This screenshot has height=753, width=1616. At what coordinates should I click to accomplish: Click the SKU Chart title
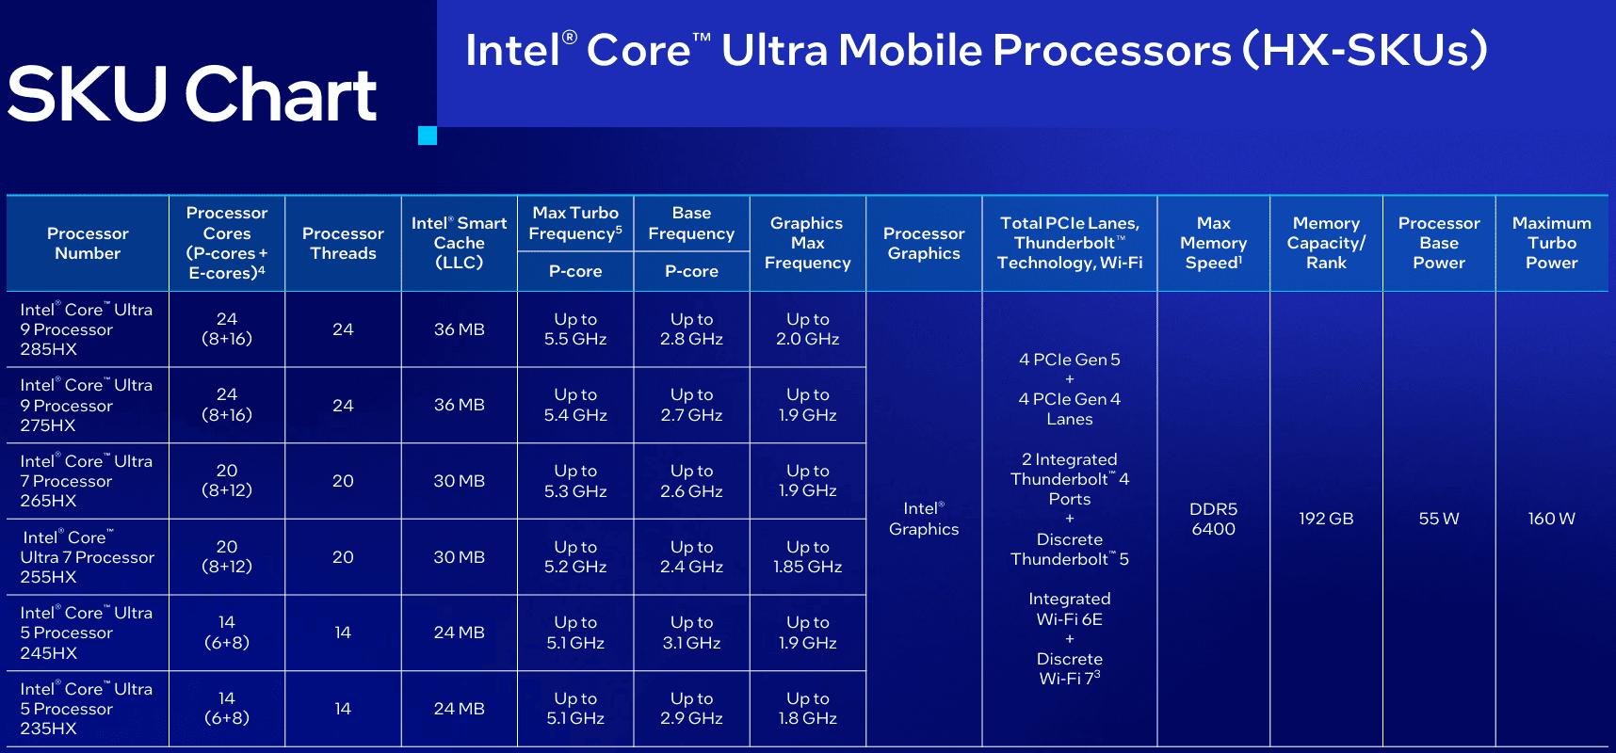point(192,94)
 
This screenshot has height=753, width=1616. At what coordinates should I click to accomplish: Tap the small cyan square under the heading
point(428,136)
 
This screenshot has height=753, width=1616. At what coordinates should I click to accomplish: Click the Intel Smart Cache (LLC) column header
point(459,243)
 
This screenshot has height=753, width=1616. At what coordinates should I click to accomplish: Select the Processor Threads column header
point(343,243)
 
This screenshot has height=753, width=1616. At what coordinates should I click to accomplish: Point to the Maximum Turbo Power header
point(1551,243)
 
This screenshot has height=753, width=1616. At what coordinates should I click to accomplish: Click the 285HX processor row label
point(86,329)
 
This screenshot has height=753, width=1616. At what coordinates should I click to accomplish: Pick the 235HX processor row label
point(86,709)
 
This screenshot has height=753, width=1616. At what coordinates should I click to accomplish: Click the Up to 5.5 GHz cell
point(575,329)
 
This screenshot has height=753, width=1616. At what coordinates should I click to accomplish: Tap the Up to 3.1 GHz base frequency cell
point(691,633)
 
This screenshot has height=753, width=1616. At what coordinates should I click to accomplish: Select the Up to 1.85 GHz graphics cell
point(807,557)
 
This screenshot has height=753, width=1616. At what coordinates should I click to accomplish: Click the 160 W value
point(1551,519)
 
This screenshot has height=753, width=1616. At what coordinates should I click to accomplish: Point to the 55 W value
point(1439,519)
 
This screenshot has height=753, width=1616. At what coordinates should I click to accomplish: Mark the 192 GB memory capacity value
point(1326,519)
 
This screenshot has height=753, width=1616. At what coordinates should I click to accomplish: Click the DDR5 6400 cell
point(1213,519)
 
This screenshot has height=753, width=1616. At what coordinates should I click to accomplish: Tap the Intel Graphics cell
point(924,519)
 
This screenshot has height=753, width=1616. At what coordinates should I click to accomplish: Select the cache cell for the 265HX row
point(459,481)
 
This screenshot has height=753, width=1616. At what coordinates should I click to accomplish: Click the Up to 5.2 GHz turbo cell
point(575,557)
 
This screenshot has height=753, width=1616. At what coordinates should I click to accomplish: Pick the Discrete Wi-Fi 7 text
point(1070,668)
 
